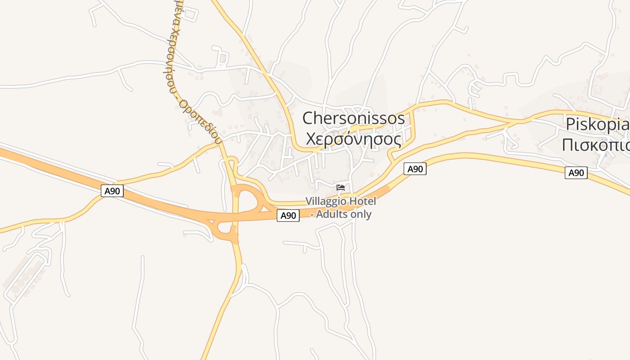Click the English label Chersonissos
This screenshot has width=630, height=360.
click(353, 118)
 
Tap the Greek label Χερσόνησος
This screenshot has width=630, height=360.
click(353, 139)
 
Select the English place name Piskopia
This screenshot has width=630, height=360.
click(597, 124)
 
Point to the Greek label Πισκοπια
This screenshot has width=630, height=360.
click(595, 145)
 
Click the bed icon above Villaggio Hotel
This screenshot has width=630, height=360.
click(341, 187)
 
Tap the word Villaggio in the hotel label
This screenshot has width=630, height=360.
click(326, 201)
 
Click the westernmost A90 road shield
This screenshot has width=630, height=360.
click(112, 191)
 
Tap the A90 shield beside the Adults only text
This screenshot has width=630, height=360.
click(288, 216)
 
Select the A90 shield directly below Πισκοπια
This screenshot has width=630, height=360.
click(576, 173)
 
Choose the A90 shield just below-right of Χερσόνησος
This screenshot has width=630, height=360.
click(415, 169)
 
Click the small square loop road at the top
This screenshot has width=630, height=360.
click(190, 14)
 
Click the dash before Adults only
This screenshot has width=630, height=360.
click(312, 215)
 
